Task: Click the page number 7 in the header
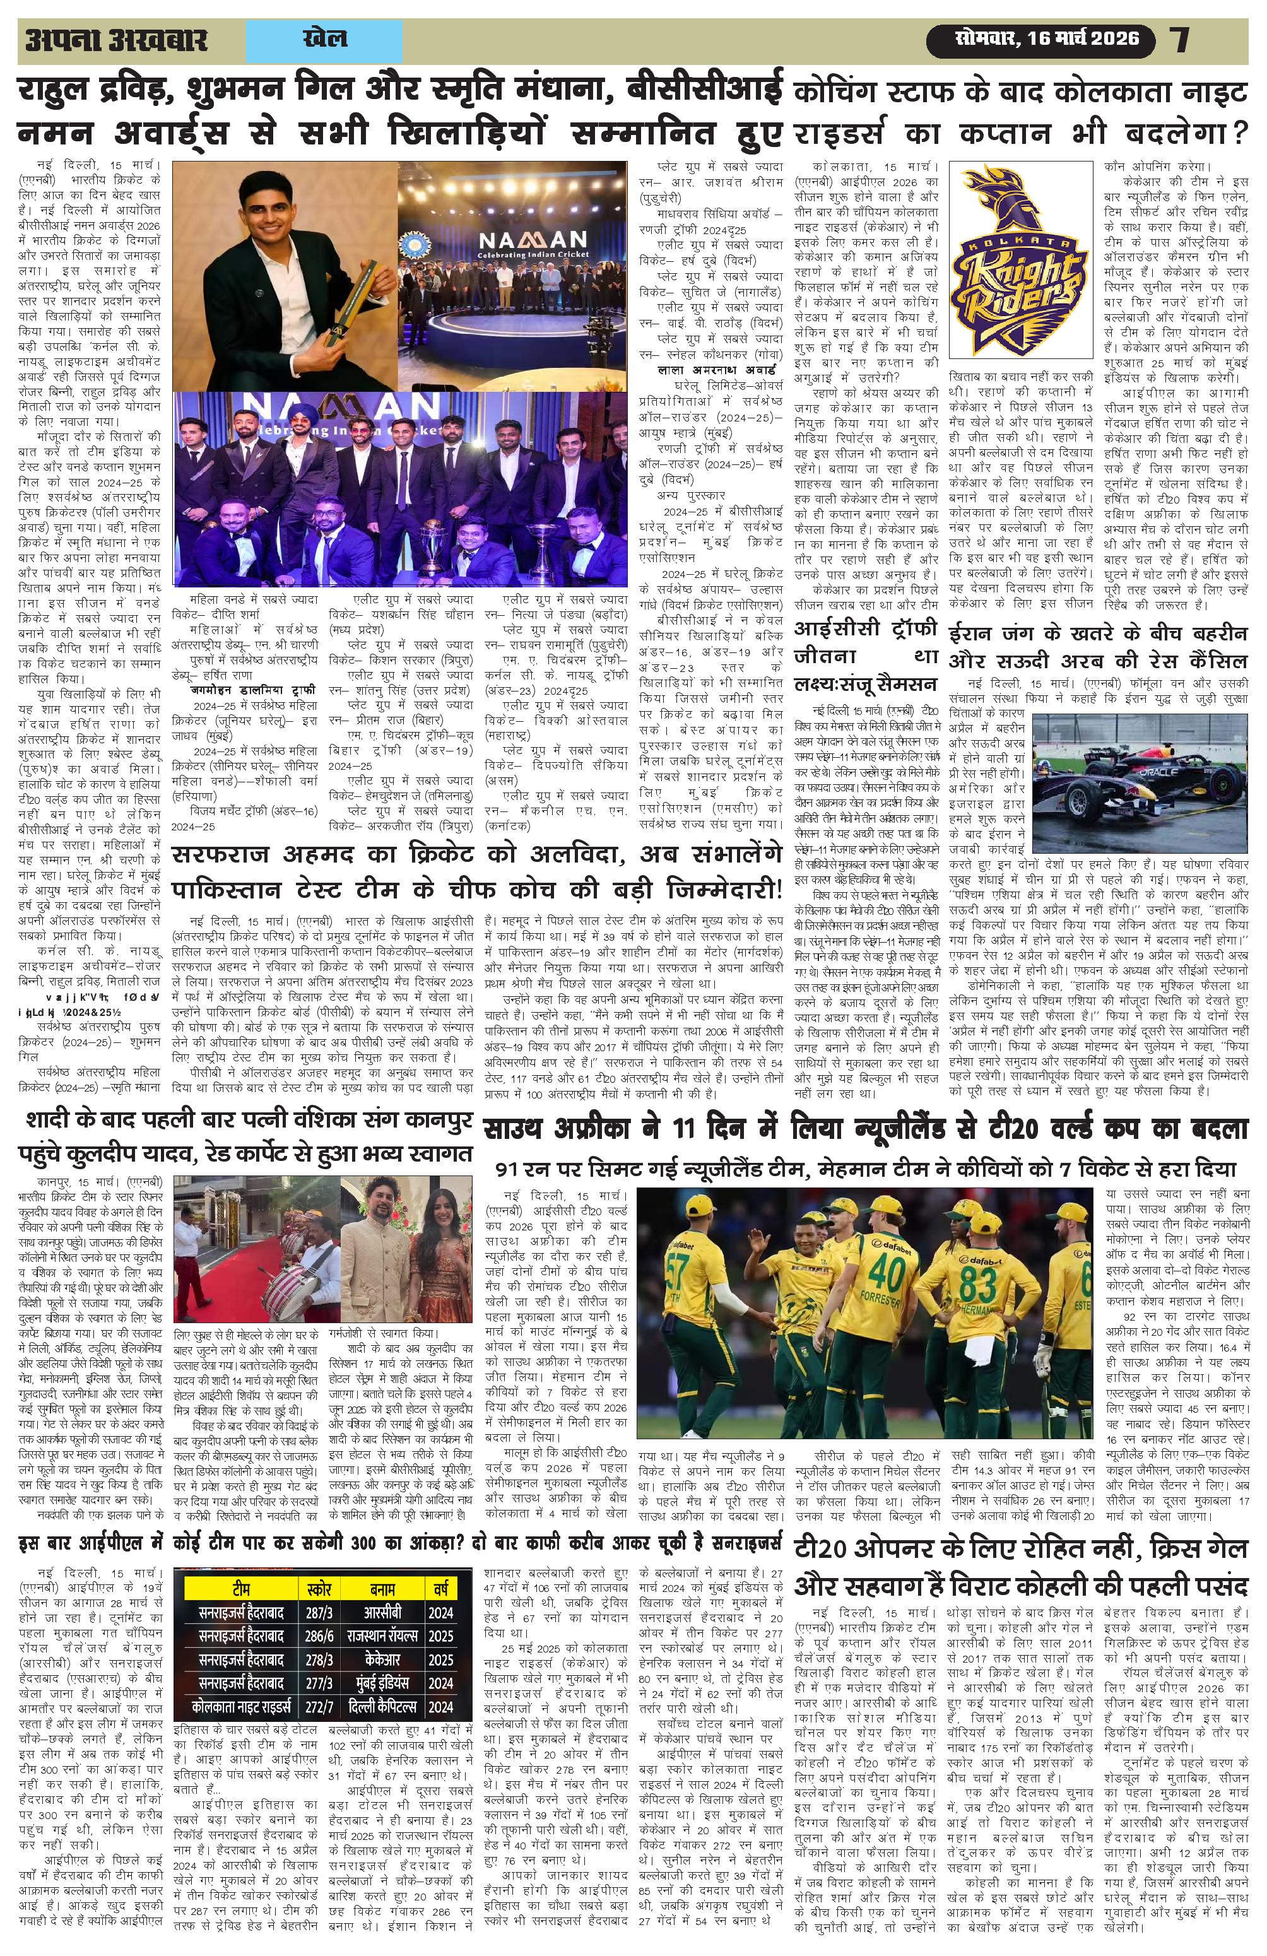click(x=1181, y=40)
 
